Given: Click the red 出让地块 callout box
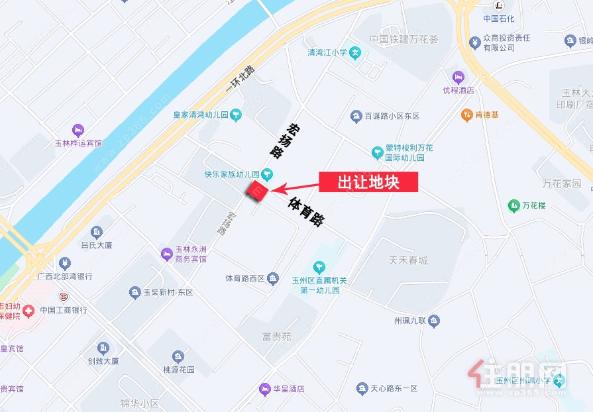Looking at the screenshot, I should coord(368,182).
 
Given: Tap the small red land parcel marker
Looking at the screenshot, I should coord(256,191).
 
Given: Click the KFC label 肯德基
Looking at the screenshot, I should coord(487,115).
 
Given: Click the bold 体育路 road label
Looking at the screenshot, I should coord(307,212).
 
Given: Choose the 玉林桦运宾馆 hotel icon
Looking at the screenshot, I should coord(78,129).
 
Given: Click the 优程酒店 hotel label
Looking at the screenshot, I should coord(458,89).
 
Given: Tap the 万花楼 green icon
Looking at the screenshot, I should coord(513,206).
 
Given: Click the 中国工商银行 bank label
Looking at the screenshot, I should coord(64,310).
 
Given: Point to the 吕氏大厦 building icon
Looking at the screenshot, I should coord(97,232).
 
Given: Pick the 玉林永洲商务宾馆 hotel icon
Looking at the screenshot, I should coord(166,252).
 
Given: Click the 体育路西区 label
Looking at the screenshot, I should coord(245,279).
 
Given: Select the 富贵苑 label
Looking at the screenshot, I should coord(276,337).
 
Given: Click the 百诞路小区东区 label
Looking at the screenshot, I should coord(392,117).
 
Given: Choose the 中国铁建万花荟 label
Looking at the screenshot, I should coord(404,39).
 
